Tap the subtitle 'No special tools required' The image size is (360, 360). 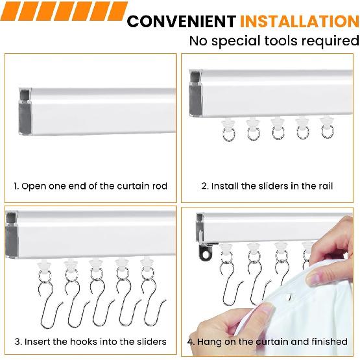point(273,41)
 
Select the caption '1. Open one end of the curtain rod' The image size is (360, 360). point(90,186)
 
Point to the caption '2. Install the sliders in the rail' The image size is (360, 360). point(267,186)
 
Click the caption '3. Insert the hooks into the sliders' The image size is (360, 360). point(90,341)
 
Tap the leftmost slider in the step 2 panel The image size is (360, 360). point(228,128)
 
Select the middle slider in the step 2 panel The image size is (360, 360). point(276,128)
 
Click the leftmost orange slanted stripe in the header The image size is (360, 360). point(14,10)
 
